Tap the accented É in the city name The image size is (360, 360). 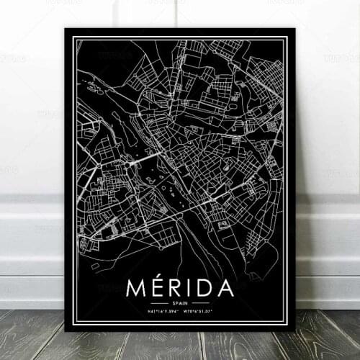(156, 288)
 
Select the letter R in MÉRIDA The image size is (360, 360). (174, 288)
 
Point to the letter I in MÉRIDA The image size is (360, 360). (188, 288)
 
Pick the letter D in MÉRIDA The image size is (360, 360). (203, 288)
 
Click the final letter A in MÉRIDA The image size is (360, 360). (224, 288)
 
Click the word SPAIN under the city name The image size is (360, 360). (179, 303)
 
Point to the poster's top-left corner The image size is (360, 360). (66, 30)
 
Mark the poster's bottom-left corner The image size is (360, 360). (66, 330)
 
